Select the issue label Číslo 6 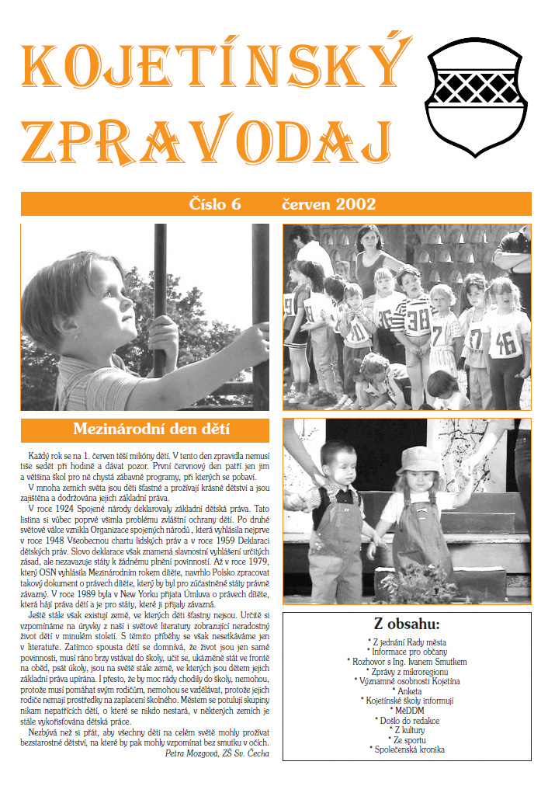click(215, 204)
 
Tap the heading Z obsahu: click(406, 624)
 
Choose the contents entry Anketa click(406, 690)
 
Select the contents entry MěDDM click(406, 711)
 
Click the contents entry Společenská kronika click(406, 750)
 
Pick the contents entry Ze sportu click(406, 740)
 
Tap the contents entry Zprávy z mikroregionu click(406, 670)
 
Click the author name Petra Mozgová click(195, 752)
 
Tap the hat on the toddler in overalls click(418, 458)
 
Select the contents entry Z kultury click(406, 730)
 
